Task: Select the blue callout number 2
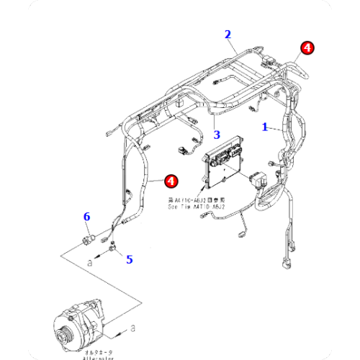tap(228, 34)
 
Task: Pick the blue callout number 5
tap(130, 258)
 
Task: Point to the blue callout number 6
tap(87, 216)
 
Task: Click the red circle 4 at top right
tap(307, 48)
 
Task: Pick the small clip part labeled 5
tap(113, 249)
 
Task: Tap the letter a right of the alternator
tap(134, 328)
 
